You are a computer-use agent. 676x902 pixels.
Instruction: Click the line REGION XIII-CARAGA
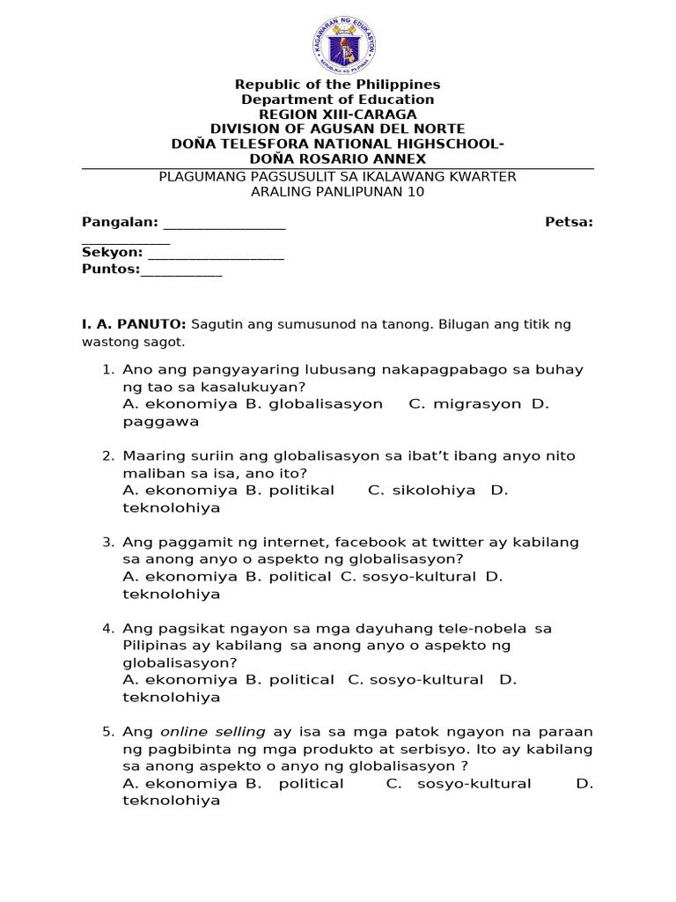[337, 115]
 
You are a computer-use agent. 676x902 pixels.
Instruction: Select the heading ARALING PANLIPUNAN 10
[337, 192]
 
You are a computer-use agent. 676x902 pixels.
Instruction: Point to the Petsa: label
[569, 222]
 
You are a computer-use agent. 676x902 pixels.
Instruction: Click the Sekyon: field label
[113, 253]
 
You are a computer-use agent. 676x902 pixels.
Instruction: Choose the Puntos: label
[111, 270]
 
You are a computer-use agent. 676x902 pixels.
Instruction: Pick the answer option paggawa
[160, 421]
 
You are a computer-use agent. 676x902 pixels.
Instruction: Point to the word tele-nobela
[482, 628]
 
